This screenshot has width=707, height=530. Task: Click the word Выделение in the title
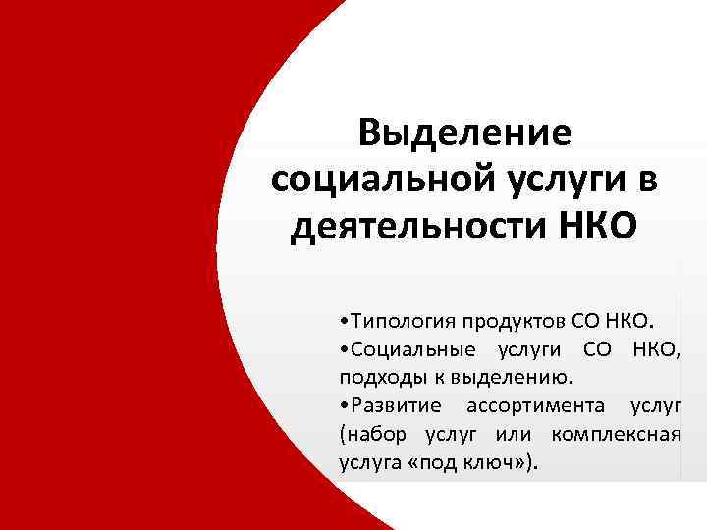click(x=464, y=134)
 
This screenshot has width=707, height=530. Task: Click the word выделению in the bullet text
click(x=527, y=377)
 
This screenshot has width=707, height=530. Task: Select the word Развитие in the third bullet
click(x=392, y=405)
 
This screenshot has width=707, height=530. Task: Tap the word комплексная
click(x=618, y=434)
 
